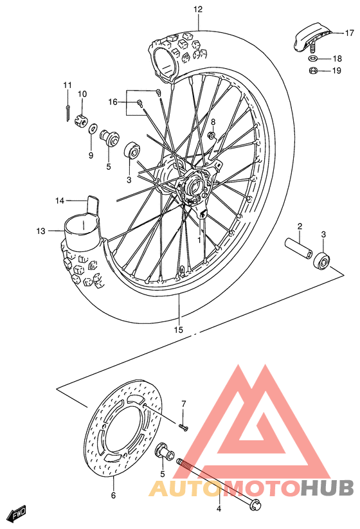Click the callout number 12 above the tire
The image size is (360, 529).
(197, 9)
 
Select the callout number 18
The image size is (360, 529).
(337, 58)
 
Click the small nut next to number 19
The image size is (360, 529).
(312, 70)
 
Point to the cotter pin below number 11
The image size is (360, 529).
(67, 111)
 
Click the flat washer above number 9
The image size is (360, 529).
(93, 129)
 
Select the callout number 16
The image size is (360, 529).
(113, 102)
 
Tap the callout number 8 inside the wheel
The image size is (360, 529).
(213, 121)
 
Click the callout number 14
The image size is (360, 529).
(59, 201)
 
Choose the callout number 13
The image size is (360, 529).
(41, 231)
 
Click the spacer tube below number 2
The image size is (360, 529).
(297, 249)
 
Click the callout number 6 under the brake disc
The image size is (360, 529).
(113, 495)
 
